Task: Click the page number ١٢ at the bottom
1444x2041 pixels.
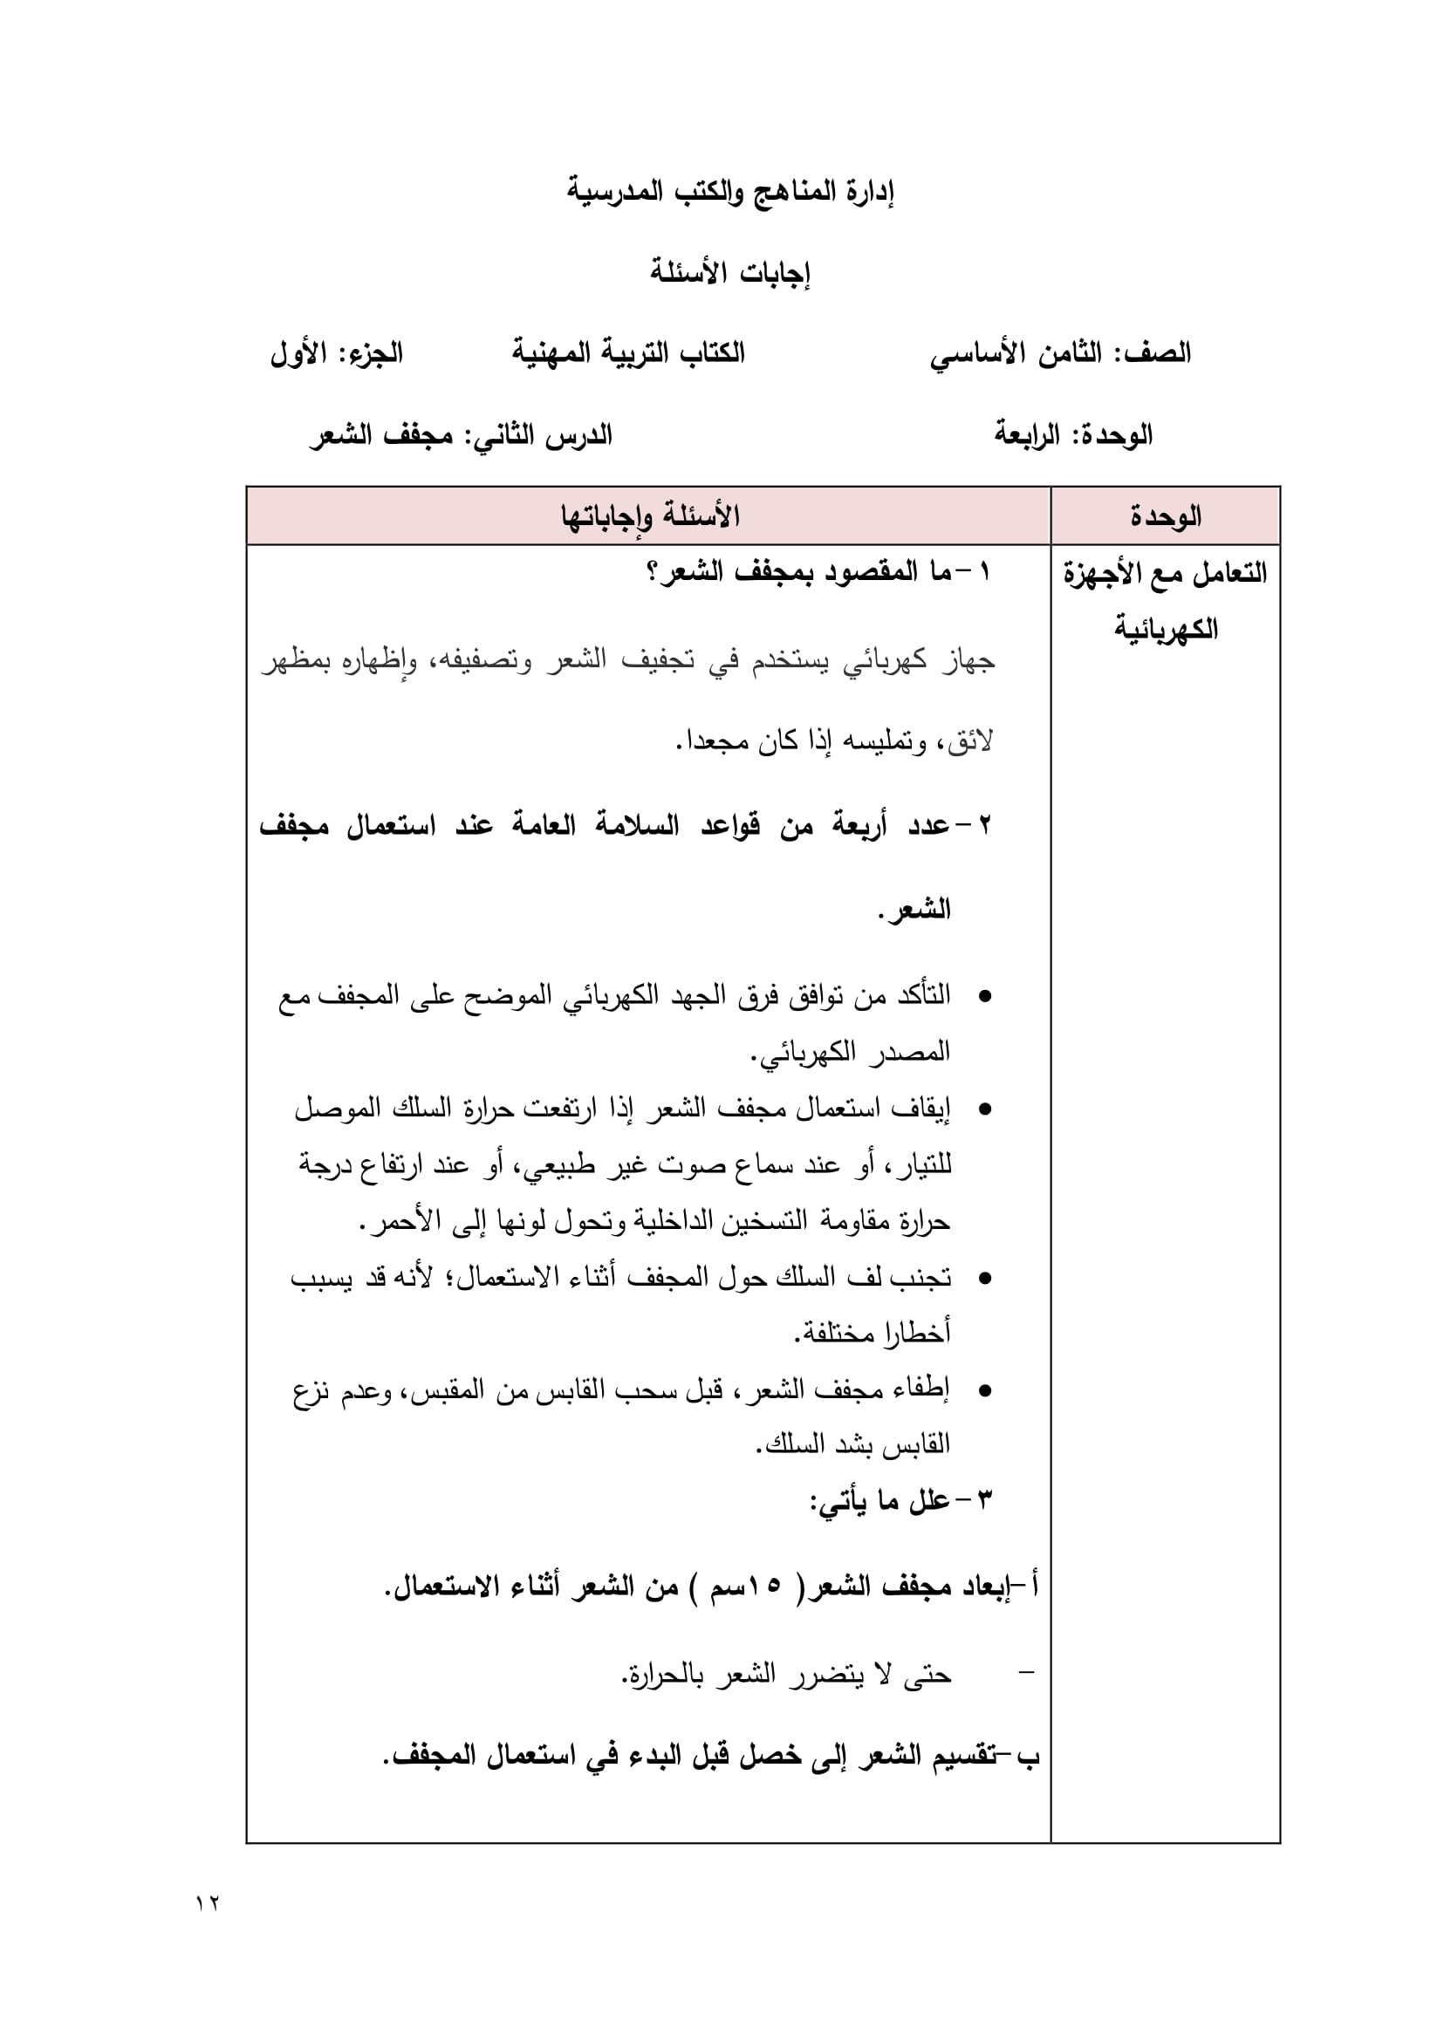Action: point(207,1903)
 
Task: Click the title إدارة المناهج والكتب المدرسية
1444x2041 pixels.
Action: point(730,191)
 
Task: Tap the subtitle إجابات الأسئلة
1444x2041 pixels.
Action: point(730,271)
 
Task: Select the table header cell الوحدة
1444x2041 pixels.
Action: point(1165,515)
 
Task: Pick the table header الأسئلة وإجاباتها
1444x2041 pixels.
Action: point(649,515)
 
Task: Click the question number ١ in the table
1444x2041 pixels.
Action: point(983,571)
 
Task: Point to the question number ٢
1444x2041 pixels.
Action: point(984,825)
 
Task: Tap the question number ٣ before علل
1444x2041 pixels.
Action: point(984,1500)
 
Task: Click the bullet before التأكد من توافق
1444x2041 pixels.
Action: point(984,996)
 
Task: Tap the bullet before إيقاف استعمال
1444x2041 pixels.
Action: point(984,1109)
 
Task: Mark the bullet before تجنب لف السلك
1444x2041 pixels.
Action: point(984,1279)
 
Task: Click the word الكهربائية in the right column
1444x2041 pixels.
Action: point(1166,629)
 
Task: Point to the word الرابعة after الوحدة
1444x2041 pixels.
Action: point(1027,434)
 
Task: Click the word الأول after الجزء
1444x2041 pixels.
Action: point(298,353)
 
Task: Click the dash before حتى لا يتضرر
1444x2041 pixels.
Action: point(1026,1674)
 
